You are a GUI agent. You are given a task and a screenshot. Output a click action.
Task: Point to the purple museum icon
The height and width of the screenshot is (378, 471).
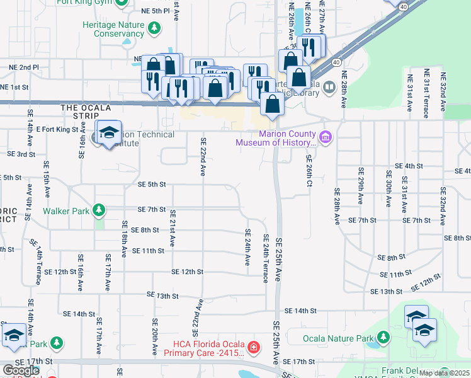(x=326, y=137)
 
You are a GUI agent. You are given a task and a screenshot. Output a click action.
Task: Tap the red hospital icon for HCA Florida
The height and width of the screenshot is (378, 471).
(x=253, y=347)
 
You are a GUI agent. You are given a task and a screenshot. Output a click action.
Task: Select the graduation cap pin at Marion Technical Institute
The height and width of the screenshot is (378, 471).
(x=109, y=133)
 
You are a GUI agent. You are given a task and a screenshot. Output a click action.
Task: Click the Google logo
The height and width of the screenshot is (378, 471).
(x=21, y=370)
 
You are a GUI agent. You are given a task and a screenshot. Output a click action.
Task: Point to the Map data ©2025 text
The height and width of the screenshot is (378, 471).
(x=443, y=373)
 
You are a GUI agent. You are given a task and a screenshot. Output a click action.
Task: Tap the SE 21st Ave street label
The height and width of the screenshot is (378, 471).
(x=173, y=227)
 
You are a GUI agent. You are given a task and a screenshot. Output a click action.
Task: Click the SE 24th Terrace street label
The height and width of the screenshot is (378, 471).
(x=266, y=258)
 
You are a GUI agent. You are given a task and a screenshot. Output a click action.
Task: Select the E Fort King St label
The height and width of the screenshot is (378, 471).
(x=61, y=129)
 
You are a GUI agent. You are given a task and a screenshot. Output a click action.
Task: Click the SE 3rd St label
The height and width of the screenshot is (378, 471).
(x=21, y=154)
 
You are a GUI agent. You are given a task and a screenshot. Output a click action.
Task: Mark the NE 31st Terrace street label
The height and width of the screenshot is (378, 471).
(x=426, y=94)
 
